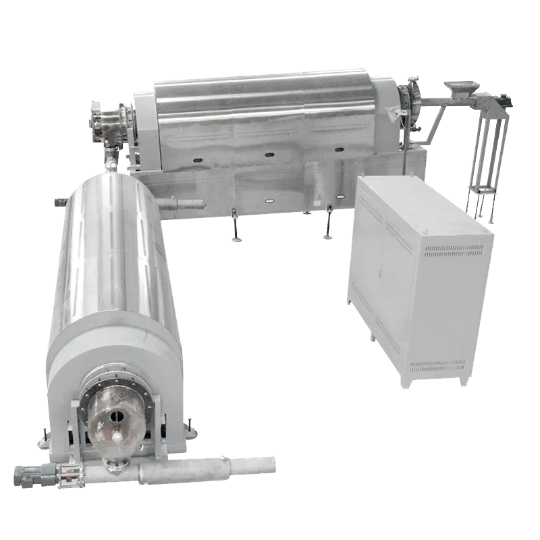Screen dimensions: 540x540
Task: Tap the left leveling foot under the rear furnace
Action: tap(234, 226)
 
